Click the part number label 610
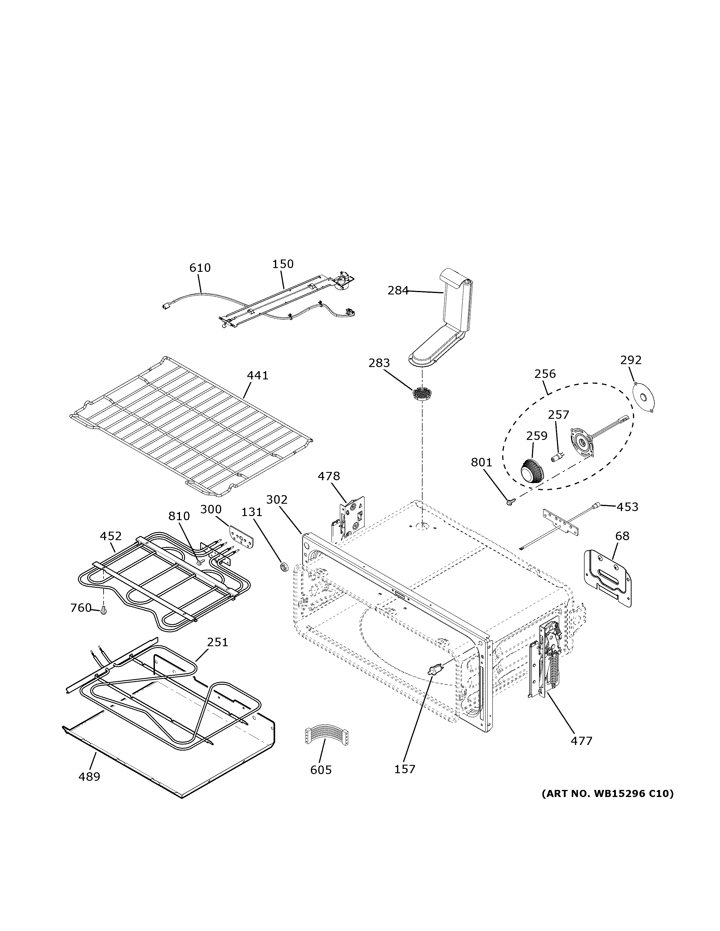coord(200,268)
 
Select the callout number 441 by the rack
coord(258,376)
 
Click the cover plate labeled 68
coord(607,577)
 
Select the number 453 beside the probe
coord(627,507)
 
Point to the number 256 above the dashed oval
coord(545,374)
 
